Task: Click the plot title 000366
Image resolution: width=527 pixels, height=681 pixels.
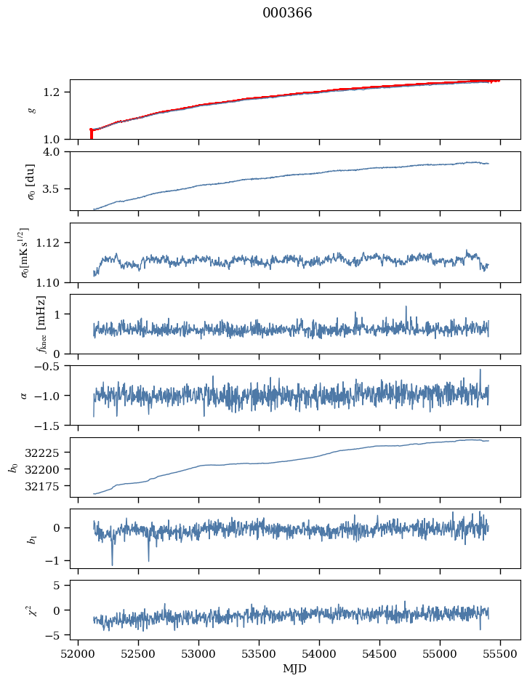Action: point(287,13)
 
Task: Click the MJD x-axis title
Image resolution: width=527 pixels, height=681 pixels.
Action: point(294,668)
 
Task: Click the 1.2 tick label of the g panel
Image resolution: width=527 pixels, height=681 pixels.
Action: point(57,92)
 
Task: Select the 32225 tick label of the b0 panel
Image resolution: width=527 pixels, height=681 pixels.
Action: point(47,453)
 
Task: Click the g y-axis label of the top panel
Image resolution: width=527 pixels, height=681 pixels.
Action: point(31,109)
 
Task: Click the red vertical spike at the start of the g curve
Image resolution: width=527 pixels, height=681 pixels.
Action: point(91,134)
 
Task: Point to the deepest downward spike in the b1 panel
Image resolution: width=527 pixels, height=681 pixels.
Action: point(112,564)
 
